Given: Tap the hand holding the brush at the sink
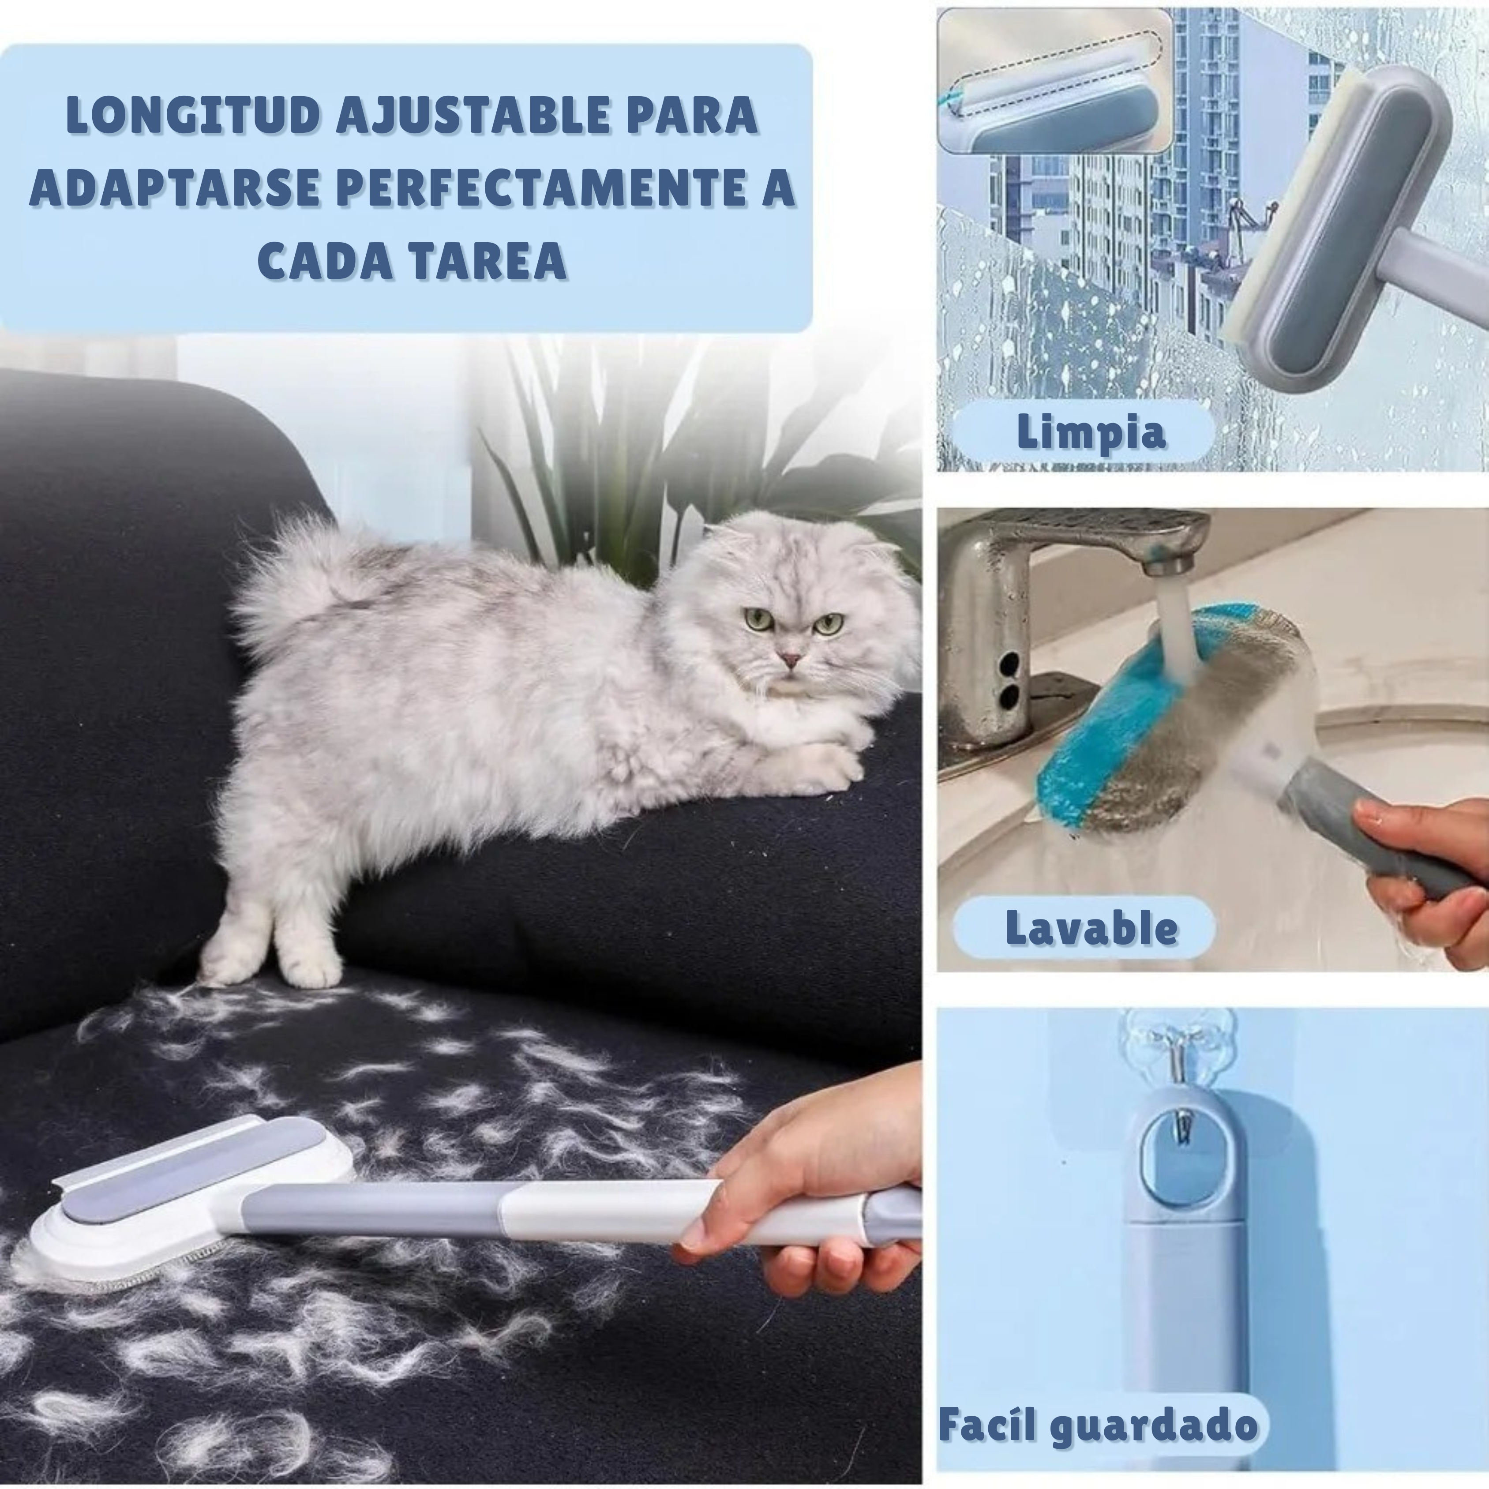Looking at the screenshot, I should click(1426, 871).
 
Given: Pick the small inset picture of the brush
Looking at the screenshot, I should click(1054, 80).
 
